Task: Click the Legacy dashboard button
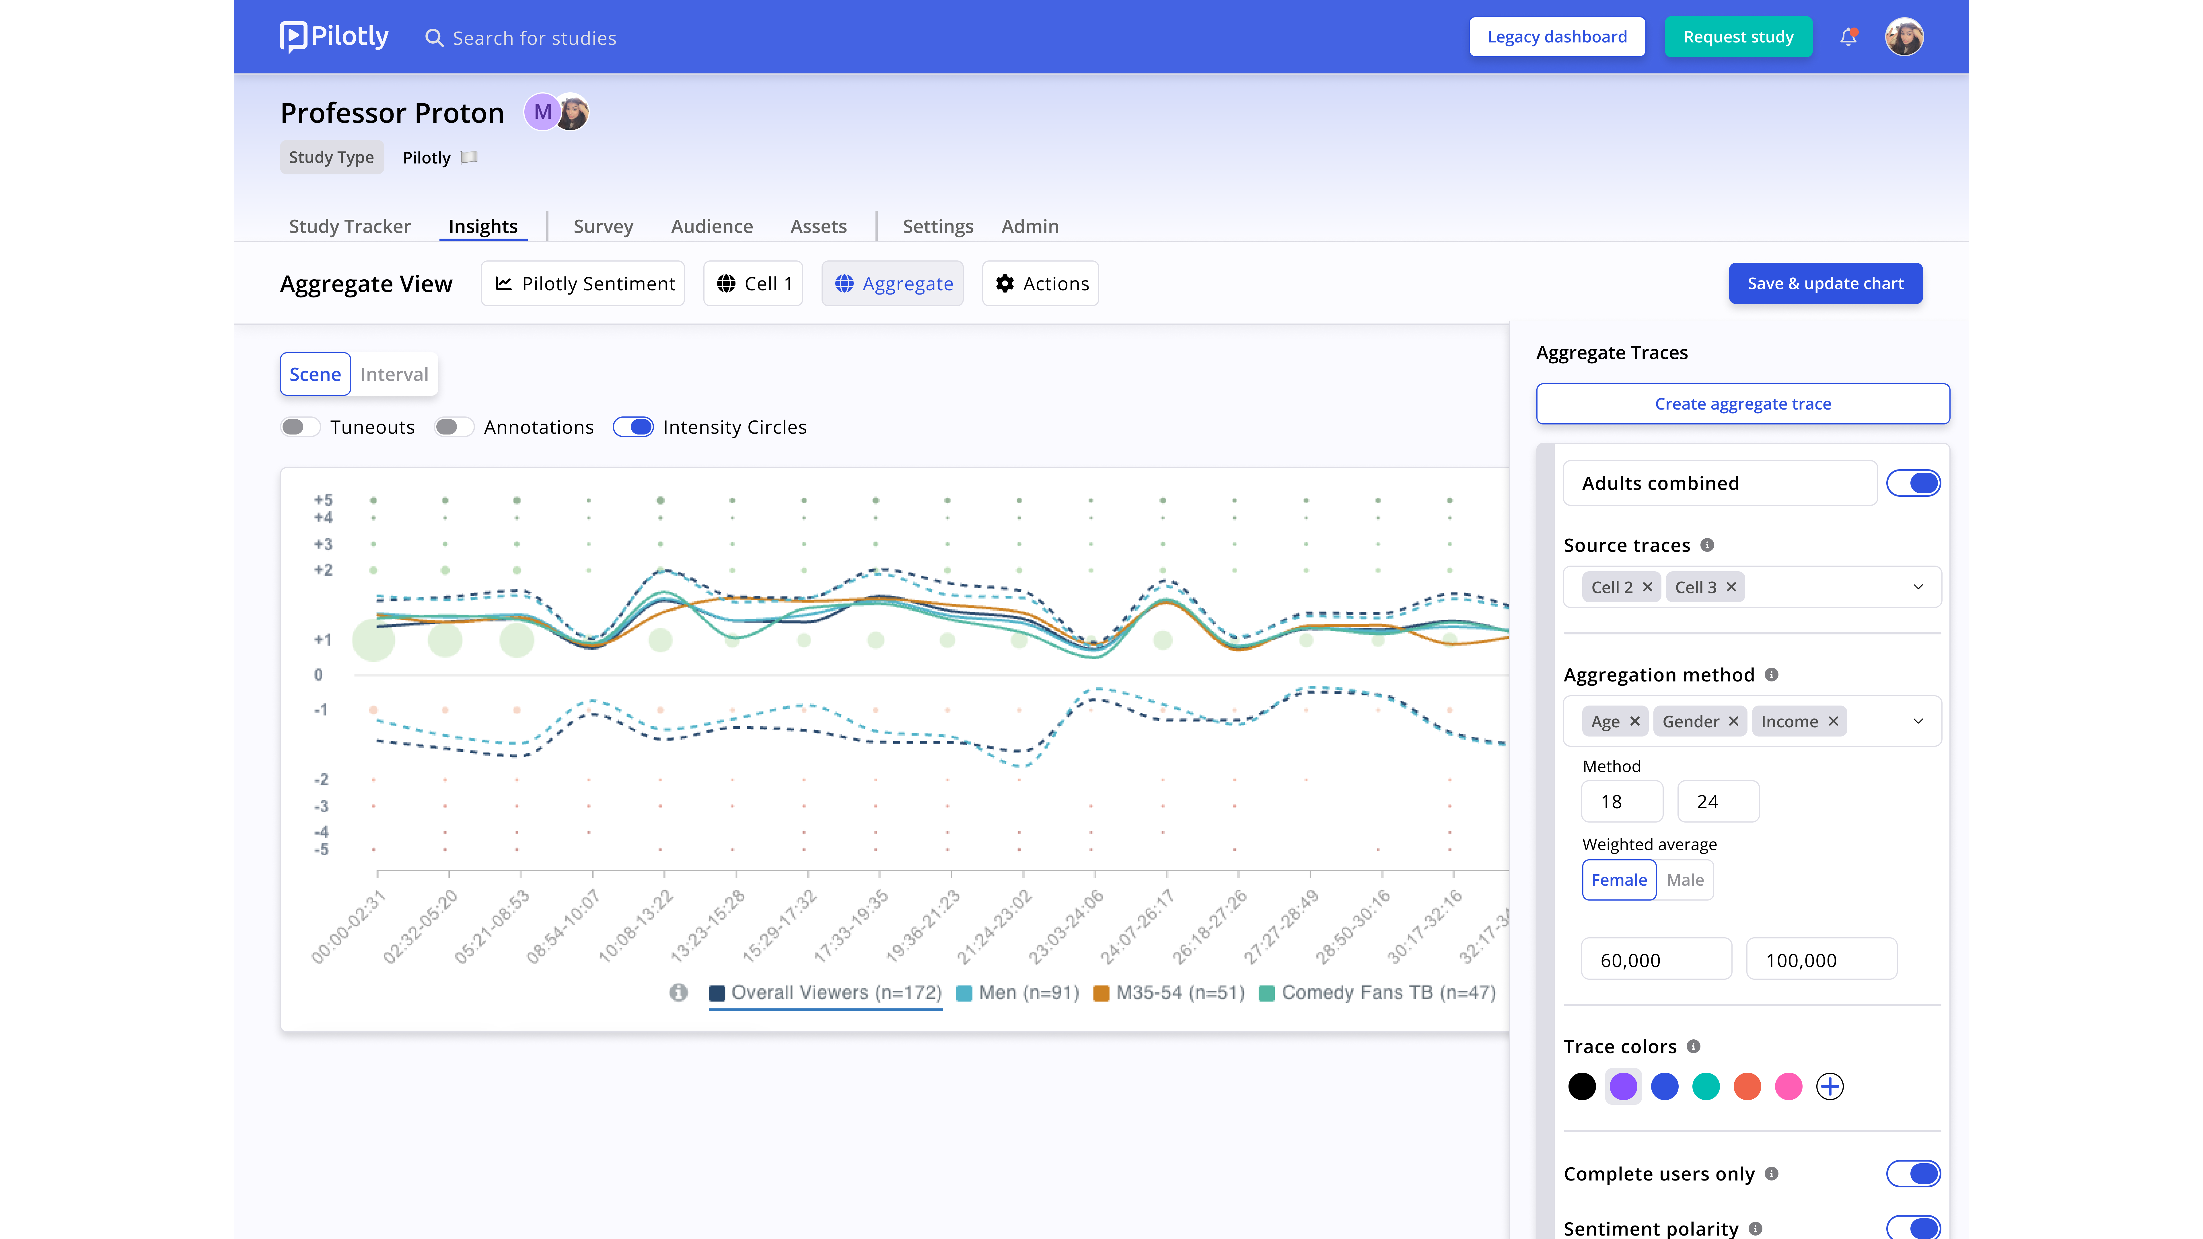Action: (x=1556, y=37)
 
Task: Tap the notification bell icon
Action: (x=1848, y=37)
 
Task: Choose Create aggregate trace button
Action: (x=1743, y=404)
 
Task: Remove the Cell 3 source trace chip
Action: (x=1731, y=587)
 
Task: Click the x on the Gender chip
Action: (x=1733, y=721)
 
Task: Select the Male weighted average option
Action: (x=1685, y=880)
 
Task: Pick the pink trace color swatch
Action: (x=1788, y=1087)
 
